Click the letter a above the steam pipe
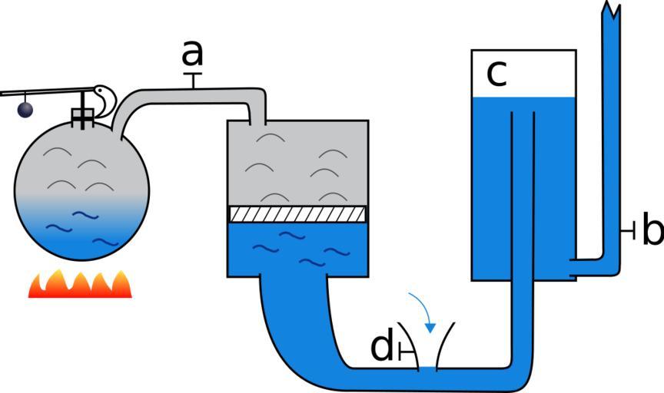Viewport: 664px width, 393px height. click(193, 54)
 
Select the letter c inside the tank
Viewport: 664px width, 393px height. click(496, 73)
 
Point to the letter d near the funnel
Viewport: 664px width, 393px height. click(381, 348)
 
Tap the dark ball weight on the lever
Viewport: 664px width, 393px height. click(25, 110)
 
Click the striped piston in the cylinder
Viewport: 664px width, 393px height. click(296, 213)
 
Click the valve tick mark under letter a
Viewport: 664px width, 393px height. click(193, 79)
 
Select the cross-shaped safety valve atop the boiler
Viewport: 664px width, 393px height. click(82, 116)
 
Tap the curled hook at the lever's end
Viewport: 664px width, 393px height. click(105, 96)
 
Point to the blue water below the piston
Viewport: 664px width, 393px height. click(296, 249)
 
